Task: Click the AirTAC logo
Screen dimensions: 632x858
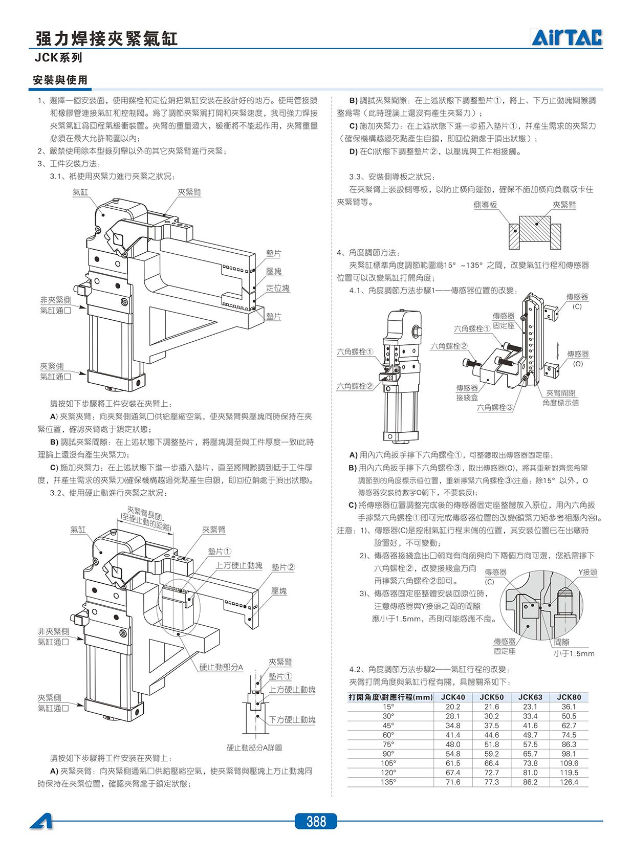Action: point(566,37)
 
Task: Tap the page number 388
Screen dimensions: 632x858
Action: point(316,821)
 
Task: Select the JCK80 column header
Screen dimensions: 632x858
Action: point(569,697)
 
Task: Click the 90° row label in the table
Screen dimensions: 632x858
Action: point(388,754)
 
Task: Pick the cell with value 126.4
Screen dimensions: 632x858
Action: point(569,782)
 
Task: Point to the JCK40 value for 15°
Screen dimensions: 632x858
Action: point(453,707)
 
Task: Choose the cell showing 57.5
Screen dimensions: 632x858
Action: point(530,744)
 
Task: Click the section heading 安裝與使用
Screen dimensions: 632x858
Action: point(60,80)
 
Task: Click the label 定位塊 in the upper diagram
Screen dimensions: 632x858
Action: point(278,288)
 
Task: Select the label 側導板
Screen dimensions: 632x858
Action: point(485,205)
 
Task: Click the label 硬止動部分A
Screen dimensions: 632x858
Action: point(221,667)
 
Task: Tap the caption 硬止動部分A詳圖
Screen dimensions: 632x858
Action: point(254,747)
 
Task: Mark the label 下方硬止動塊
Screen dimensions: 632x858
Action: point(292,720)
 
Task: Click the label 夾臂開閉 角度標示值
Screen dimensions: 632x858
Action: point(560,398)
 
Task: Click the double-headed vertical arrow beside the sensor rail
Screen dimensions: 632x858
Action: point(558,351)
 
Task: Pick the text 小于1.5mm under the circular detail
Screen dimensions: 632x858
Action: point(574,653)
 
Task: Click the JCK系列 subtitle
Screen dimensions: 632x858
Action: point(58,58)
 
